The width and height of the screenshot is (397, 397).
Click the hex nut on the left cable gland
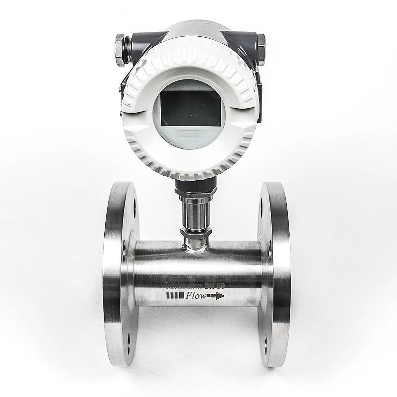119,50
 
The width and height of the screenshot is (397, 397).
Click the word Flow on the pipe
196,296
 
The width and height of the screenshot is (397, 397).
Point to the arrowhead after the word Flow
218,296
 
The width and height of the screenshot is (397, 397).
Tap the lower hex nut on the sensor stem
196,232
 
